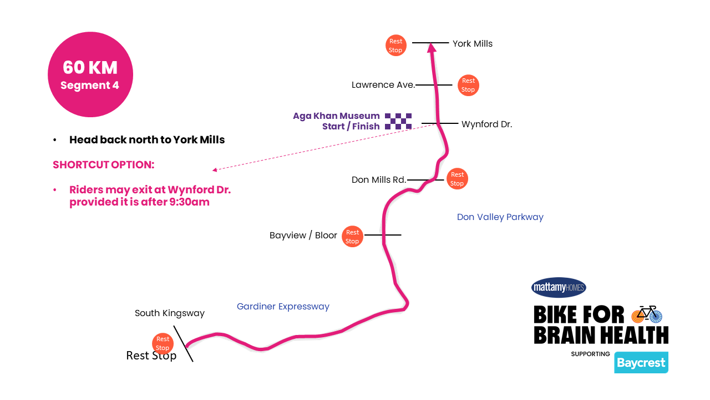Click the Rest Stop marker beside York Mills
[395, 46]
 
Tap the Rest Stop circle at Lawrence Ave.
[468, 85]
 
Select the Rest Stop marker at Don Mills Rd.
[457, 179]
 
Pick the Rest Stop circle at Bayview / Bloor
[352, 237]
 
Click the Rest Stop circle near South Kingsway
[163, 343]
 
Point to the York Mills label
[472, 43]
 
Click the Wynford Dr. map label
[486, 124]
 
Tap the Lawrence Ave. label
[383, 85]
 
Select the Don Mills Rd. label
[379, 180]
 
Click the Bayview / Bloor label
[303, 236]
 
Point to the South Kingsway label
[170, 313]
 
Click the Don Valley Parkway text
[500, 217]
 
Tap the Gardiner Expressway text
[283, 307]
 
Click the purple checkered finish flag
[398, 121]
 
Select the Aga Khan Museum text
[336, 116]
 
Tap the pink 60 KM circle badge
[90, 74]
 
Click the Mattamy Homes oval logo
[559, 287]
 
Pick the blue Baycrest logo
[641, 363]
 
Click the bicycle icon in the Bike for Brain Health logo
[647, 314]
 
